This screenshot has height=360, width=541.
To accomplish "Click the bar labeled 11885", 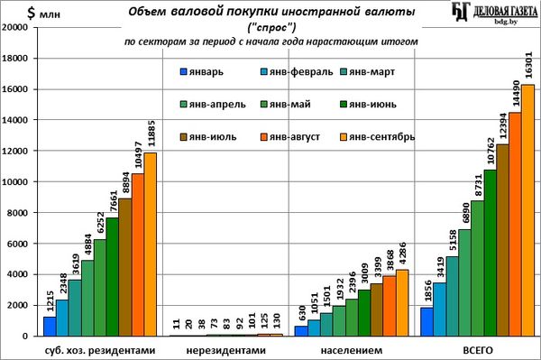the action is tap(150, 245).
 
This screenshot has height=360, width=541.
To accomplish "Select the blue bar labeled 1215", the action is tap(50, 327).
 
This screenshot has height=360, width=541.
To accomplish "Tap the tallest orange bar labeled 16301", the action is tap(527, 210).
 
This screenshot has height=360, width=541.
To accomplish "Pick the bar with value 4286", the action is tap(402, 302).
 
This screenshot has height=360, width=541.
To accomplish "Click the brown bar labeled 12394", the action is tap(502, 240).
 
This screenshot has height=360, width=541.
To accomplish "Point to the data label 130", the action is tap(277, 320).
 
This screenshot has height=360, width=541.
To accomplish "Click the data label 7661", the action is tap(114, 202).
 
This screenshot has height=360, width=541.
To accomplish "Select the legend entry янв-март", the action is tap(368, 72).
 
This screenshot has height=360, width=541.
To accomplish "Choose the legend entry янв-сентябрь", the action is tap(378, 137).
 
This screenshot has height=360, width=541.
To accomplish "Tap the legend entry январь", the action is tap(202, 72).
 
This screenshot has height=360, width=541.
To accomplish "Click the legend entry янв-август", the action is tap(290, 137).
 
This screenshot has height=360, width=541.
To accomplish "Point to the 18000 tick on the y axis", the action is tap(14, 58).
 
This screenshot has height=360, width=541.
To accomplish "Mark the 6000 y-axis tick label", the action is tap(17, 244).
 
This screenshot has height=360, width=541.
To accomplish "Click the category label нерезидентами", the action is tap(226, 351).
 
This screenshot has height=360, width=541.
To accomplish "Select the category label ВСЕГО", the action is tap(478, 351).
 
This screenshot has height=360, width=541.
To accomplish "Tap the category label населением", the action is tap(352, 351).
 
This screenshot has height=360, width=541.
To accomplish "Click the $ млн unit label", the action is tap(43, 14).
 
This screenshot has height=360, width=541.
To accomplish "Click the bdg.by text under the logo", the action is tap(506, 22).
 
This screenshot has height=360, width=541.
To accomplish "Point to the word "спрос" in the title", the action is tap(271, 27).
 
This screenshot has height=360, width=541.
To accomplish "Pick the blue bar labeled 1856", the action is tap(426, 322).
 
